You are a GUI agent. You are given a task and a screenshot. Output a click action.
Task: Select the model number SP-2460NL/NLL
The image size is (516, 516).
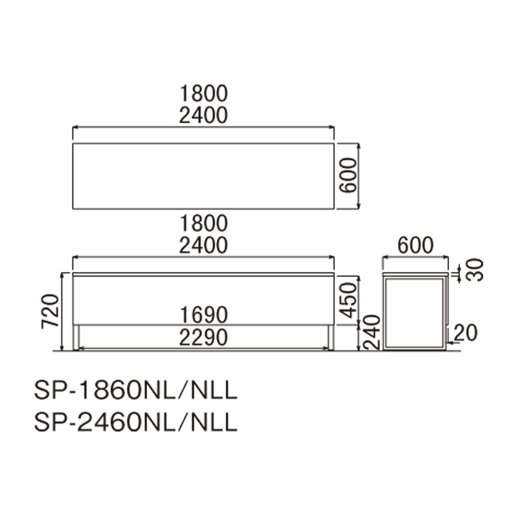point(136,422)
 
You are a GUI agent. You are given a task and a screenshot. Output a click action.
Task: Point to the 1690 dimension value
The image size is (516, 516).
point(204,314)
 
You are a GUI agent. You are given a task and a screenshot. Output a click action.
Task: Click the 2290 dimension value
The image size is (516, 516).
point(204,337)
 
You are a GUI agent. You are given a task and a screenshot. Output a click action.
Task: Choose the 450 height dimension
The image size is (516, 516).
point(348,299)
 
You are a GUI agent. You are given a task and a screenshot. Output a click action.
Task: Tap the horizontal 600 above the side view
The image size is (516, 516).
point(414,246)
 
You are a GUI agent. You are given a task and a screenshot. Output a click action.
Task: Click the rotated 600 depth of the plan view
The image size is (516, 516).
point(348,176)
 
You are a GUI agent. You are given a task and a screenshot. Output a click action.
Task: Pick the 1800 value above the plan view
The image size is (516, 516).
point(204,94)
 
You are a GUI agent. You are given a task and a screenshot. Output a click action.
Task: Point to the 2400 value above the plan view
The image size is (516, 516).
point(204,116)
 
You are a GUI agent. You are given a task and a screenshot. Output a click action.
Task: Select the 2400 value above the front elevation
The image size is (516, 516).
point(204,246)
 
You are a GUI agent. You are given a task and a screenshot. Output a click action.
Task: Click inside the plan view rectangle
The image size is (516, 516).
point(204,176)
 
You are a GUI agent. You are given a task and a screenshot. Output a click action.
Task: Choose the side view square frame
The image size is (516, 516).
point(414,277)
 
